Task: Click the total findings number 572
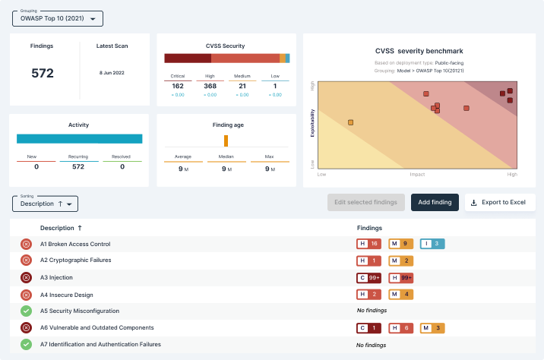pos(43,73)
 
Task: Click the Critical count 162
pos(179,87)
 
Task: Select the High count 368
pos(210,87)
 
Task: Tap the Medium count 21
pos(242,87)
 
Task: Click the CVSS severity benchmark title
pos(419,51)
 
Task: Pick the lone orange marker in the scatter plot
pos(350,122)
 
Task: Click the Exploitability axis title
pos(312,122)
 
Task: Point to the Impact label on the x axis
pos(417,174)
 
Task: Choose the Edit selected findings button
pos(365,202)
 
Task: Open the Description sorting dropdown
pos(46,204)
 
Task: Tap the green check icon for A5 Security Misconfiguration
pos(25,311)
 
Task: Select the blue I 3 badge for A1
pos(432,244)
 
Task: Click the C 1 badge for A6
pos(368,328)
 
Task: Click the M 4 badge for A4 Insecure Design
pos(400,295)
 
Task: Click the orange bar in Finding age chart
pos(226,141)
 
